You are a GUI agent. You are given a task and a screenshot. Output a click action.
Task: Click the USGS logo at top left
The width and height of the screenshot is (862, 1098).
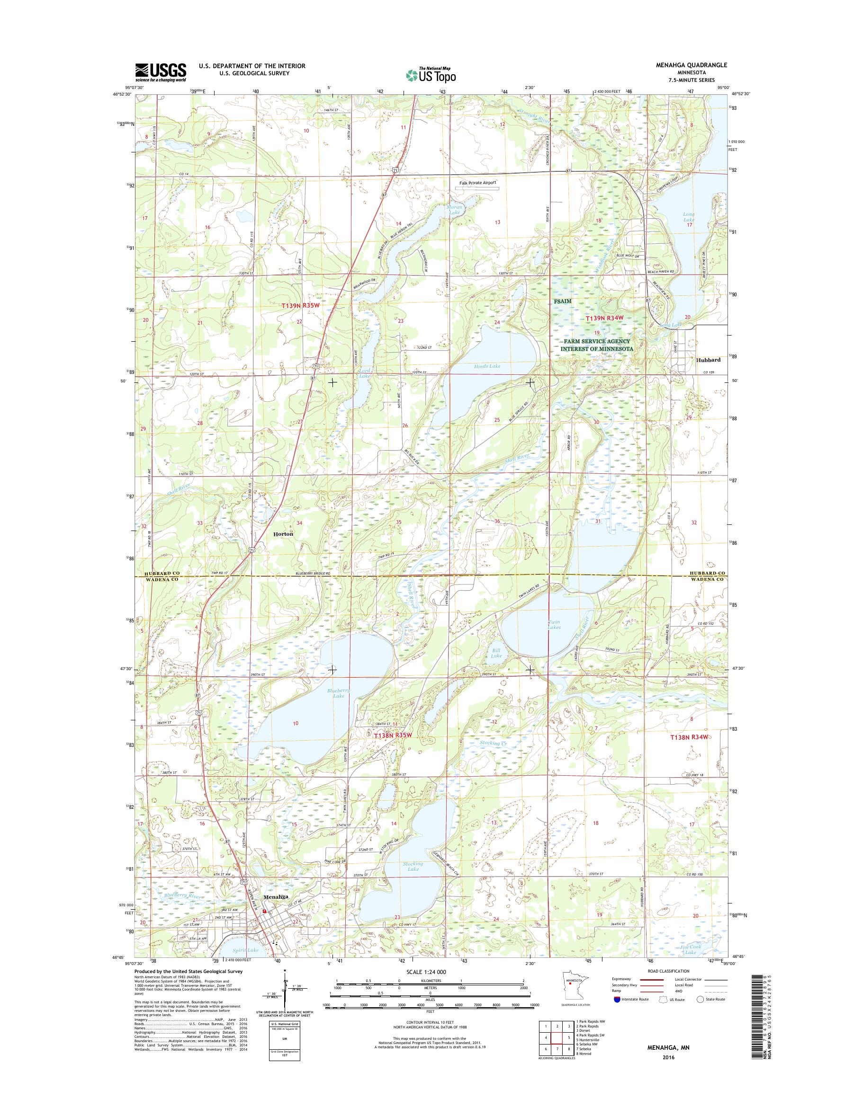point(161,72)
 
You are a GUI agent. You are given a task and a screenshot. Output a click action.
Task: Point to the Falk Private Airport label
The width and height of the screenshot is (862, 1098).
point(477,183)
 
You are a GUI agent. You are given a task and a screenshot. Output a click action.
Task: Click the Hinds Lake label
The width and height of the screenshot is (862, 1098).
point(487,366)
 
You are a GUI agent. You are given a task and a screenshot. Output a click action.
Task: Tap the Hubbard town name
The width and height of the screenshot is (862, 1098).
point(708,360)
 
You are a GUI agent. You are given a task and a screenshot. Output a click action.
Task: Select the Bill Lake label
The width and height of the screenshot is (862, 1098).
point(497,653)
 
